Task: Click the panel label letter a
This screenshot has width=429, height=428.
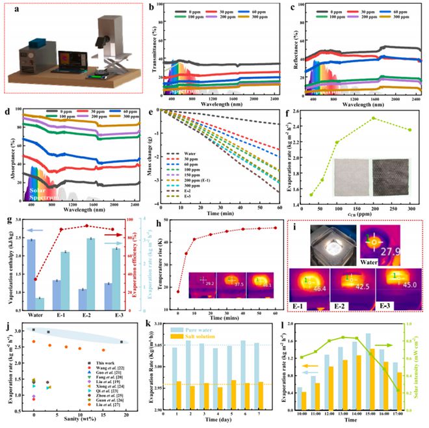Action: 12,12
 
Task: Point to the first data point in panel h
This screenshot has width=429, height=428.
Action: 178,291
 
